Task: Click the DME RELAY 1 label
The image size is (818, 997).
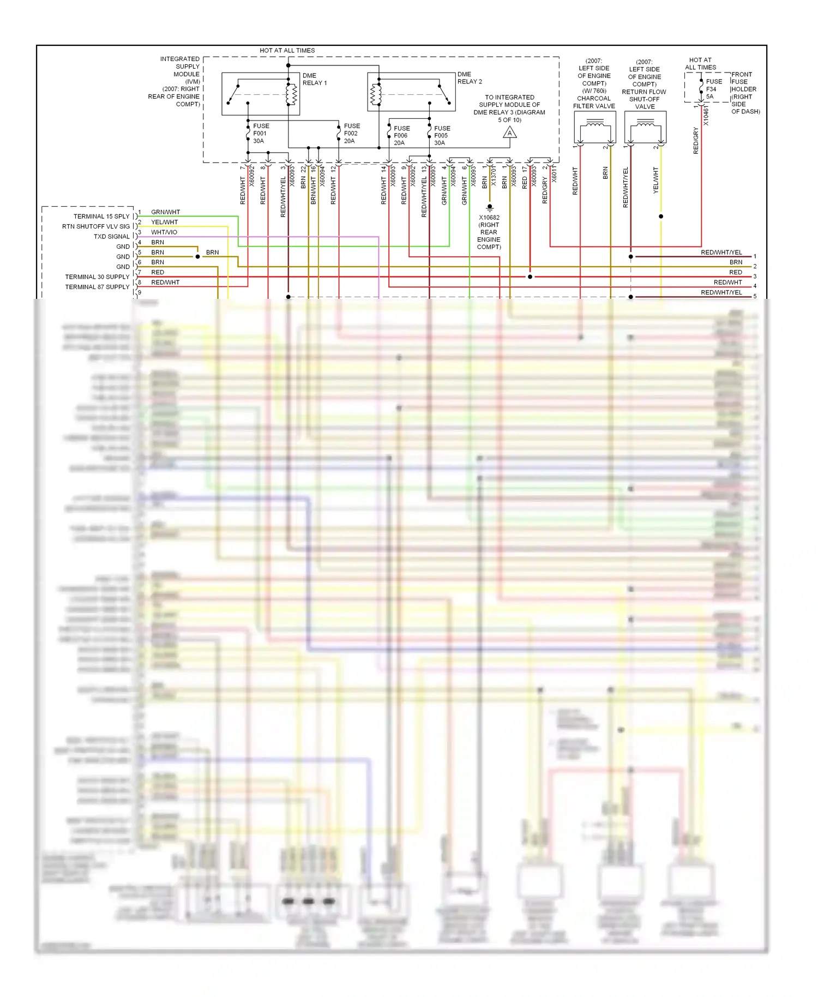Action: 315,80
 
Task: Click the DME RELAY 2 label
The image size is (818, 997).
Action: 470,78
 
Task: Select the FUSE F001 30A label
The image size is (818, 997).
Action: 261,134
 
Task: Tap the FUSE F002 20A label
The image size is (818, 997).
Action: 352,134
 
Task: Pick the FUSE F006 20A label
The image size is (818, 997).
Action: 401,136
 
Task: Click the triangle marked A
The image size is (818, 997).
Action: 510,133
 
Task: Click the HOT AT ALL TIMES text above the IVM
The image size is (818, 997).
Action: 287,51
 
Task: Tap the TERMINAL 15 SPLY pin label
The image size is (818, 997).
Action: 101,217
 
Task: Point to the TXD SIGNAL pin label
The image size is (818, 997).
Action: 111,237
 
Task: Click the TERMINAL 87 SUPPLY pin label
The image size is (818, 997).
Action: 97,287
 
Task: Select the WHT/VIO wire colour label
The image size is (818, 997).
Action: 164,232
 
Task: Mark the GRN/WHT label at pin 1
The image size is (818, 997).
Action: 165,212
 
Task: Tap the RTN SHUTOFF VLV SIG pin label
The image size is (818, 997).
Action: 96,226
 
